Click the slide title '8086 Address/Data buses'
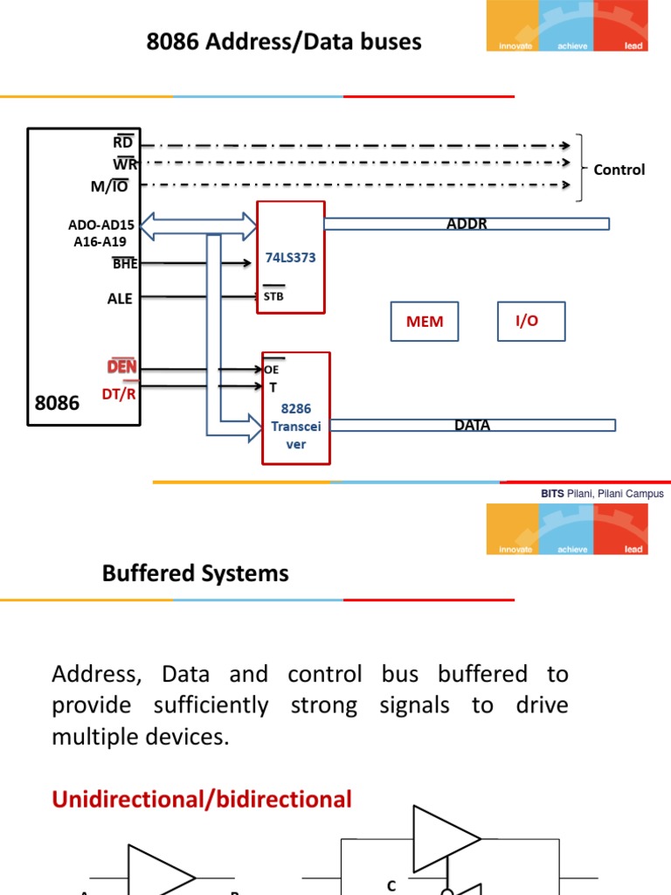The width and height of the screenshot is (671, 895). [284, 41]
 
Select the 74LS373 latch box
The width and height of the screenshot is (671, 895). [290, 257]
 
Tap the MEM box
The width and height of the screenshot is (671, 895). [425, 322]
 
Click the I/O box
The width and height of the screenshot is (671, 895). [531, 321]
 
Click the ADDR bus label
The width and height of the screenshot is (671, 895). [466, 224]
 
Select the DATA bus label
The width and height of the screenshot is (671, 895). [472, 426]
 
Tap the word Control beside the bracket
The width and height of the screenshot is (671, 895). [619, 170]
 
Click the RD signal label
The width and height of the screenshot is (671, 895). [123, 142]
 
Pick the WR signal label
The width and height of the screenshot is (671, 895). [123, 163]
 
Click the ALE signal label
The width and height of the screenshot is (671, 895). [120, 298]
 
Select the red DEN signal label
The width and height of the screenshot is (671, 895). [121, 366]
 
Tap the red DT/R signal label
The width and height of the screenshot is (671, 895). [120, 393]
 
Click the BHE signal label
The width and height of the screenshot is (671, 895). [125, 263]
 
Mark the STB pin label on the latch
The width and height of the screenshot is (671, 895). [273, 295]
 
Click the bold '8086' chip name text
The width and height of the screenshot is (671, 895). [57, 403]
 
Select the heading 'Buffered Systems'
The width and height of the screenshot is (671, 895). [195, 573]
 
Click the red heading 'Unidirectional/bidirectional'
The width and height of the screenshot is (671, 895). [202, 799]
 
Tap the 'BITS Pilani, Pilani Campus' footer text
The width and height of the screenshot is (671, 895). [602, 494]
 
